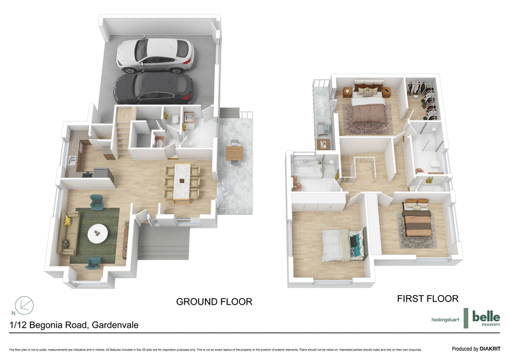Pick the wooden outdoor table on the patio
(x=234, y=153)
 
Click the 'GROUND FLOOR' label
(x=214, y=301)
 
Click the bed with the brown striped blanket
(x=418, y=220)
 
